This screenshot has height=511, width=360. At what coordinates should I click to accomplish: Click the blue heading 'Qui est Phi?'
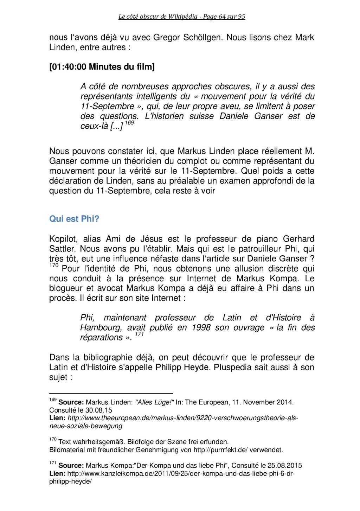[x=74, y=219]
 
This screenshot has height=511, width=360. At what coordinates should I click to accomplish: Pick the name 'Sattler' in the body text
[x=62, y=249]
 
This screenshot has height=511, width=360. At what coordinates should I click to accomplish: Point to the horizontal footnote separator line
[x=111, y=393]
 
